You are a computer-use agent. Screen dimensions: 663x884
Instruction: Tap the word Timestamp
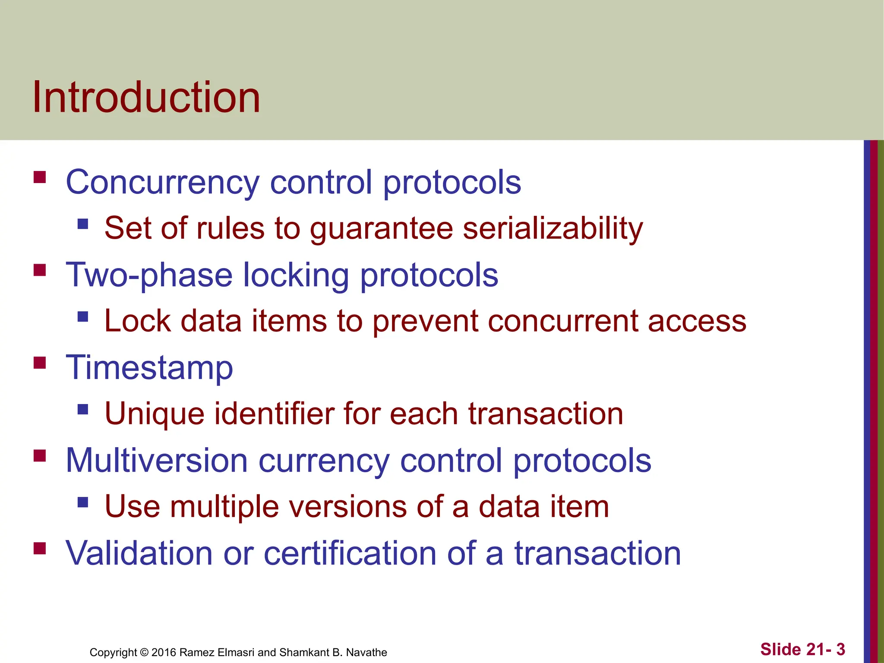coord(149,368)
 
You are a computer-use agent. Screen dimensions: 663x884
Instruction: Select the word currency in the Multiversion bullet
coord(324,461)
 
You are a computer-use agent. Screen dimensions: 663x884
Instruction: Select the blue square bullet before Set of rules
coord(83,224)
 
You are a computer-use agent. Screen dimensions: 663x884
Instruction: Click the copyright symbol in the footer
coord(144,653)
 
